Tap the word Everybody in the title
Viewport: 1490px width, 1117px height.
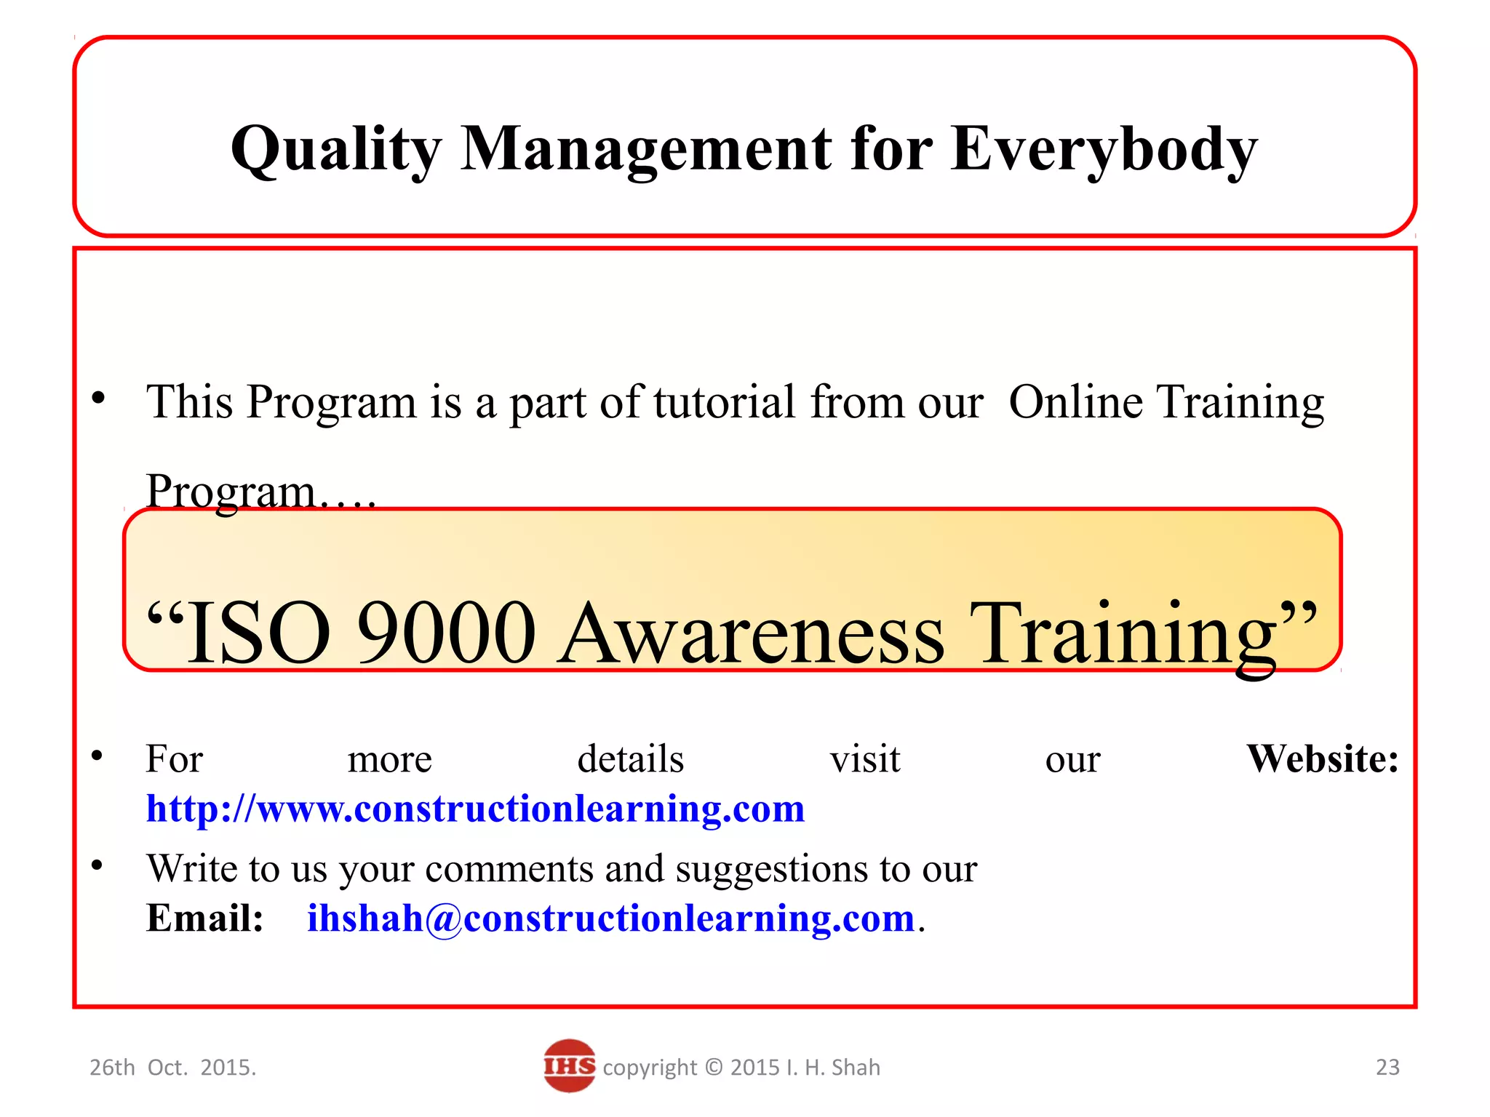[x=1104, y=150]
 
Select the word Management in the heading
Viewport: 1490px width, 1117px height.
[x=646, y=150]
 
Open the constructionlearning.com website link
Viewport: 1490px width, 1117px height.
[x=475, y=809]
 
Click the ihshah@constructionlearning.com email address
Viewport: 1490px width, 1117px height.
[x=610, y=918]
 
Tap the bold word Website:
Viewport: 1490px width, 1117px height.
[x=1322, y=759]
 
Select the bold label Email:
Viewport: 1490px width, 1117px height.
[x=204, y=918]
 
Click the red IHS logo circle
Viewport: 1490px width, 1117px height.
[x=569, y=1066]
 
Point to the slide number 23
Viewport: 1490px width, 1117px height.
[x=1387, y=1067]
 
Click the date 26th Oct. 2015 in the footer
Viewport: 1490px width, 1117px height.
[x=172, y=1068]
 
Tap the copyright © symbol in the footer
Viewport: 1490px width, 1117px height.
[x=714, y=1068]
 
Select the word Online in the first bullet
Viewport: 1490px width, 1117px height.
[x=1075, y=401]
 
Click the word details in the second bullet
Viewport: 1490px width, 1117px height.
[x=630, y=759]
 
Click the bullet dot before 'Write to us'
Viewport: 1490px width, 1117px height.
[x=97, y=865]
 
